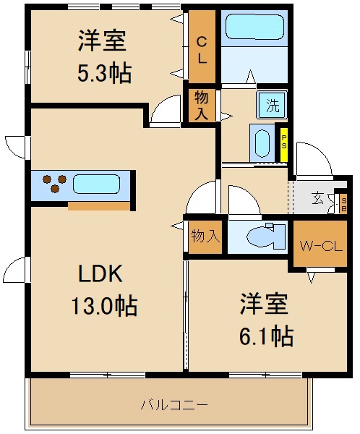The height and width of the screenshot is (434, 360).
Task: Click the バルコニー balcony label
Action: coord(173,404)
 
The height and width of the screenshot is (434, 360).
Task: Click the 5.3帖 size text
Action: coord(103,73)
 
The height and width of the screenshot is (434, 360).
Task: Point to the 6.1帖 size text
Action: coord(265,336)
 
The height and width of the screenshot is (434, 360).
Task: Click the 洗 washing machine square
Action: coord(272,104)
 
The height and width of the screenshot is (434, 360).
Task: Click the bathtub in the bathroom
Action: coord(254,28)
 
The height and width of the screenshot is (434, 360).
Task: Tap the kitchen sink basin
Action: coord(95,183)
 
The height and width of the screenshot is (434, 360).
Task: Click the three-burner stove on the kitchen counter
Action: coord(53,183)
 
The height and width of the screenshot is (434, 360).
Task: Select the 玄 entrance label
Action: coord(318,197)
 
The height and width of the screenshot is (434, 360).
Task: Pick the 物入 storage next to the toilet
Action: coord(205,235)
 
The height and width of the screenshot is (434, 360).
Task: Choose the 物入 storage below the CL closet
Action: coord(202,106)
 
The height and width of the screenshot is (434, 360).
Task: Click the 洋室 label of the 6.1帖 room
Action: coord(265,304)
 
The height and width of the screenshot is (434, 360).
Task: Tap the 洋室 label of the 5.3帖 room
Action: coord(103,41)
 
